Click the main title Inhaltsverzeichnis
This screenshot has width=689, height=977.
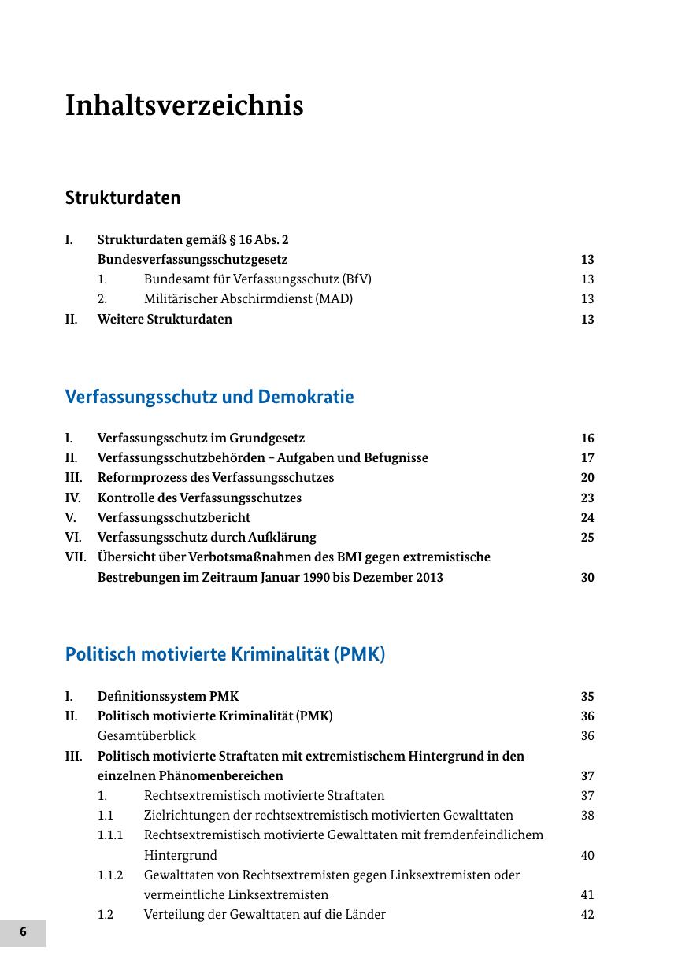click(x=183, y=105)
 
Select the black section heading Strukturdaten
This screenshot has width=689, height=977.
click(x=123, y=198)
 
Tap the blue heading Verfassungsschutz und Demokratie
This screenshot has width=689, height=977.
click(x=209, y=397)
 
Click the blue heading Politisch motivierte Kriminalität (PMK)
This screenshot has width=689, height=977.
click(x=225, y=654)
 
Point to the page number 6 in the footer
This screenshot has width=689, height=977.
click(x=23, y=932)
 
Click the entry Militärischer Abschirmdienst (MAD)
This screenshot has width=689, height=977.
click(x=248, y=299)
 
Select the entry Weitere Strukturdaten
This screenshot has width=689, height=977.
click(x=165, y=319)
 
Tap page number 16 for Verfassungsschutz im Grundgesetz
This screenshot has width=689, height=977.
click(x=587, y=439)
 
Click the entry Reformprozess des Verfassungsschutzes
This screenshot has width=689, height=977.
click(x=216, y=478)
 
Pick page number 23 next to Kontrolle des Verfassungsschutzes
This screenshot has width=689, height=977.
click(x=587, y=498)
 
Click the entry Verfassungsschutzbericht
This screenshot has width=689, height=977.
click(x=174, y=517)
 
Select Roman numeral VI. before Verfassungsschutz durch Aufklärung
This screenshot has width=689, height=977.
click(x=74, y=537)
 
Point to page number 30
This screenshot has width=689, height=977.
click(x=587, y=577)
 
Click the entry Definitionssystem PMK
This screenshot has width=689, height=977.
click(x=168, y=696)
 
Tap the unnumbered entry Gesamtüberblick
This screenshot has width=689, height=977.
click(x=146, y=736)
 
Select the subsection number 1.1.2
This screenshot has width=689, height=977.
click(x=110, y=875)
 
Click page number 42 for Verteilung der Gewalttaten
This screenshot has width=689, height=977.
click(x=587, y=915)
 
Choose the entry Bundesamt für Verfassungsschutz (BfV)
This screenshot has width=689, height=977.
click(x=257, y=279)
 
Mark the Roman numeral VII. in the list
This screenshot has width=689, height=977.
click(x=76, y=557)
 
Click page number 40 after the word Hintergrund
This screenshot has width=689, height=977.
click(x=587, y=856)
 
